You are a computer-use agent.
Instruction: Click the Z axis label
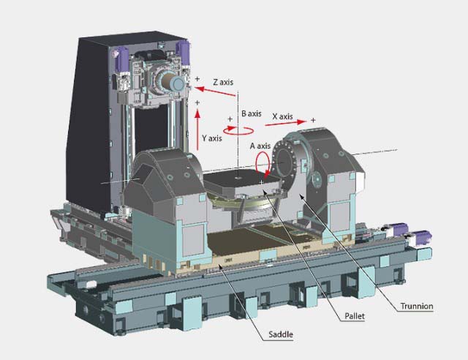point(223,82)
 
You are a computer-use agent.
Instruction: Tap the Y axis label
point(212,138)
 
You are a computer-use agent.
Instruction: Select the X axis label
point(282,116)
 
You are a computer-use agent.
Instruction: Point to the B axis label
point(252,113)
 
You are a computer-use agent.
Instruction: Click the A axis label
point(260,146)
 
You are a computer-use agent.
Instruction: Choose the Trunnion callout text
point(417,307)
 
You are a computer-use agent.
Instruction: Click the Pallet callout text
point(355,316)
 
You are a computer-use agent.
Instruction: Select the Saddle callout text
point(281,334)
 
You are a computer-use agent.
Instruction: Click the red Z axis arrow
point(214,91)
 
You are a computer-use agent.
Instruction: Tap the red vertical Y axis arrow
point(197,130)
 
